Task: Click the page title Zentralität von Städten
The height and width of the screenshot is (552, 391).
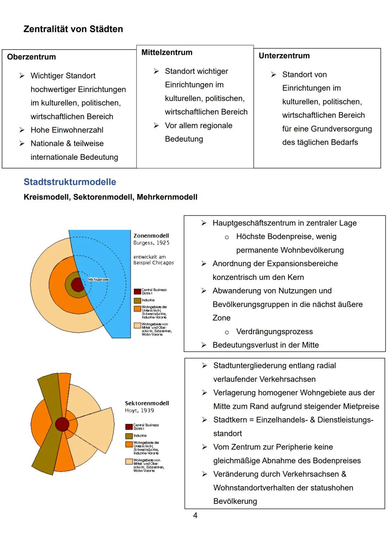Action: pyautogui.click(x=73, y=29)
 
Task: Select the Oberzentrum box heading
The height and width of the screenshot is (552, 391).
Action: pyautogui.click(x=31, y=57)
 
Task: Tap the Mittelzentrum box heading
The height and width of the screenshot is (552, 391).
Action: pyautogui.click(x=167, y=52)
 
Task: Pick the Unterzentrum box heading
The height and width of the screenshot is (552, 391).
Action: pyautogui.click(x=284, y=56)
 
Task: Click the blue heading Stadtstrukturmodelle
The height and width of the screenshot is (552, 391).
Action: pyautogui.click(x=70, y=182)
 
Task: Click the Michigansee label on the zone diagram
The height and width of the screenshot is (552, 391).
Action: pyautogui.click(x=98, y=279)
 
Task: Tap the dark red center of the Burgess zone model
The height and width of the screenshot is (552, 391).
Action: pyautogui.click(x=77, y=285)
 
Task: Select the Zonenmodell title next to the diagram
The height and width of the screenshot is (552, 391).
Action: pyautogui.click(x=151, y=236)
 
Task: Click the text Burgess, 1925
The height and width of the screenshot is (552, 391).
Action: pyautogui.click(x=151, y=243)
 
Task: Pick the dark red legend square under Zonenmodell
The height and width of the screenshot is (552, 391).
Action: pyautogui.click(x=137, y=291)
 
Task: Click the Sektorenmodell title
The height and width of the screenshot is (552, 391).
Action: pyautogui.click(x=147, y=403)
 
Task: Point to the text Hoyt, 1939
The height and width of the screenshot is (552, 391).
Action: pyautogui.click(x=139, y=411)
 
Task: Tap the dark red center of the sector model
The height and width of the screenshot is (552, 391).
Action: pyautogui.click(x=62, y=424)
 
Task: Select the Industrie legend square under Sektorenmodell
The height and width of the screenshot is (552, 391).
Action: pyautogui.click(x=129, y=436)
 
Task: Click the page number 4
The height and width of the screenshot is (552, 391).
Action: pyautogui.click(x=195, y=515)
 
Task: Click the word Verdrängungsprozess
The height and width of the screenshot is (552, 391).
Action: pyautogui.click(x=274, y=332)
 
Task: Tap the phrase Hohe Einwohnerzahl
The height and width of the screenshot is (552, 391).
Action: pyautogui.click(x=67, y=130)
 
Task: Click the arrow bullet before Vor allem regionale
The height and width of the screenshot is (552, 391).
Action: pyautogui.click(x=156, y=125)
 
